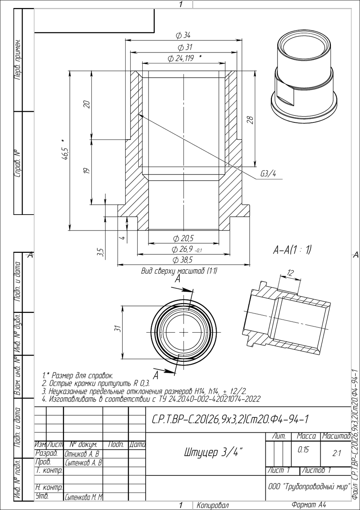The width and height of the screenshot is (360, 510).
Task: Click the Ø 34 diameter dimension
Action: [x=183, y=35]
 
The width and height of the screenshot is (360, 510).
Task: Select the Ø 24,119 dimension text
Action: [x=181, y=59]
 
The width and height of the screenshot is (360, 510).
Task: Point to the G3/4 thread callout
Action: [x=268, y=174]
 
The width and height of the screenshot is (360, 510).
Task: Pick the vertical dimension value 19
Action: [x=87, y=170]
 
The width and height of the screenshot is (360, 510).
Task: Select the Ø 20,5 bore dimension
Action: [x=183, y=239]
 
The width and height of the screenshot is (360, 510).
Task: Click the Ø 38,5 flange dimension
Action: [x=183, y=260]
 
